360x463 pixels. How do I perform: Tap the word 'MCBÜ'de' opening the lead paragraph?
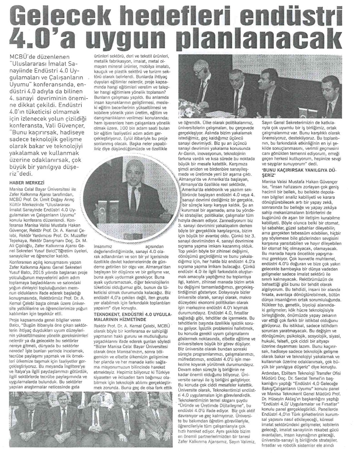coord(21,57)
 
